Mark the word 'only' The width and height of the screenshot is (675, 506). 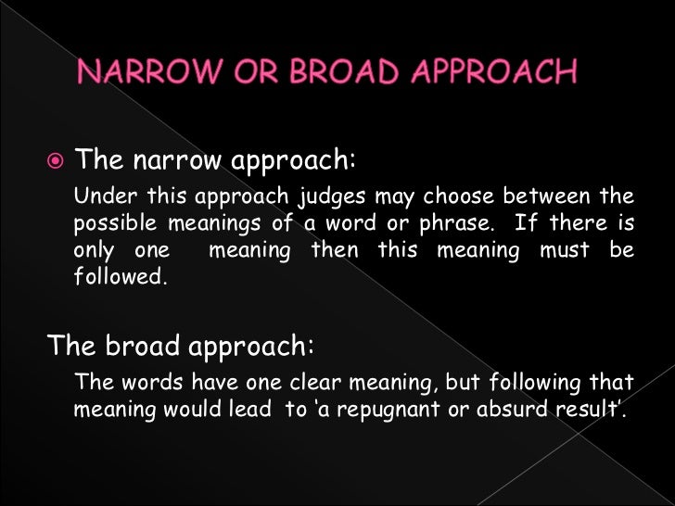point(93,252)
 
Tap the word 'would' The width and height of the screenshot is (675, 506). point(183,409)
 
